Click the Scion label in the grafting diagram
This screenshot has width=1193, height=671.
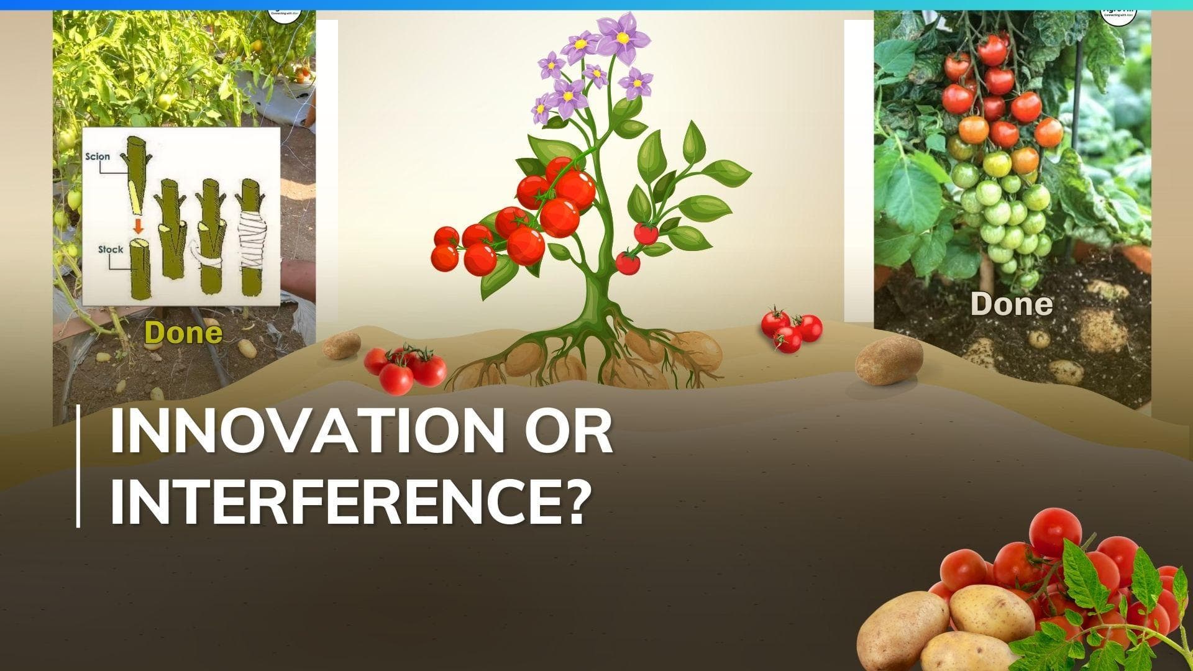pos(98,156)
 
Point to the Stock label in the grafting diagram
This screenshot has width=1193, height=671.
pos(111,250)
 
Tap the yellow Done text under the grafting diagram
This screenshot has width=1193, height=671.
pos(183,333)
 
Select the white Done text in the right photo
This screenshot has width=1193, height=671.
pos(1012,304)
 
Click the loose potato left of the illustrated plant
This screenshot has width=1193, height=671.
pos(341,345)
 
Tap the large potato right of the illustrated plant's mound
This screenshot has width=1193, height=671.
pos(889,360)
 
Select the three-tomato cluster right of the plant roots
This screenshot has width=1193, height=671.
pos(791,330)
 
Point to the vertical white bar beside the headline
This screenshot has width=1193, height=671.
pos(78,466)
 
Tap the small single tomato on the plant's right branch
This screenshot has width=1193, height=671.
pos(646,233)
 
